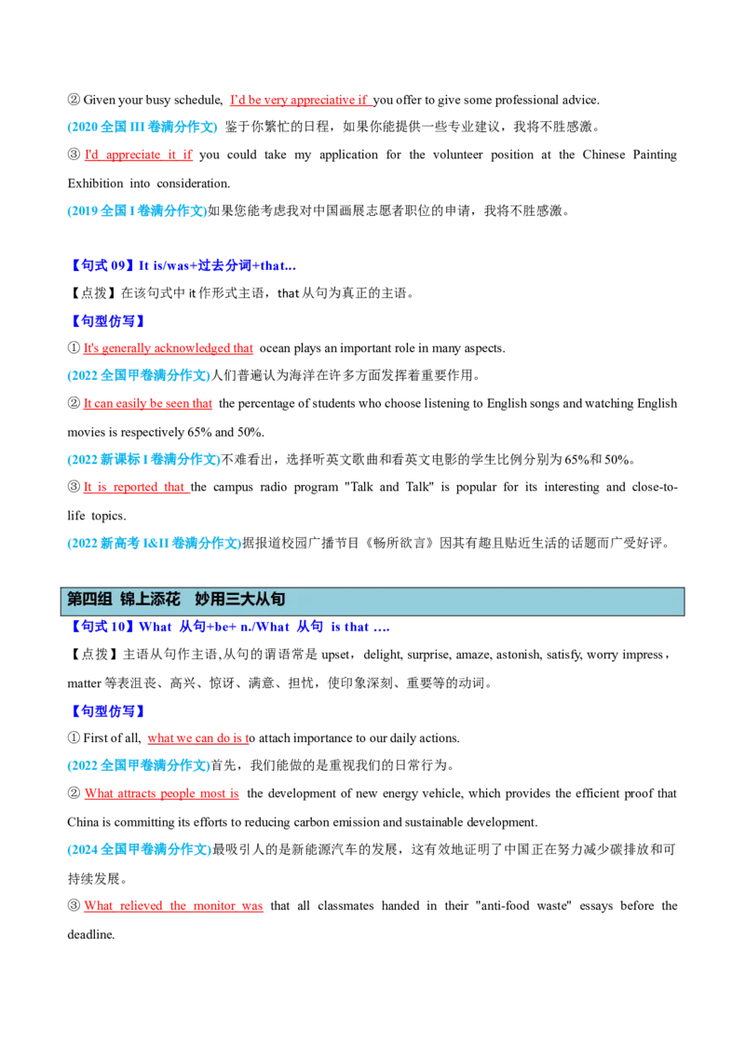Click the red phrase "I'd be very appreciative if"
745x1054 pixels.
(299, 101)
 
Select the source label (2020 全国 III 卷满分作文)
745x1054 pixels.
(142, 127)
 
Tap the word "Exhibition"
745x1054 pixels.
(96, 183)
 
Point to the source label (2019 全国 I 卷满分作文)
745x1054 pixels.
(137, 211)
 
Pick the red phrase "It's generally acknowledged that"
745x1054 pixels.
(169, 348)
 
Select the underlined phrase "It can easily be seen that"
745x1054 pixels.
(148, 403)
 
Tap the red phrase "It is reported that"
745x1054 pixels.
(134, 487)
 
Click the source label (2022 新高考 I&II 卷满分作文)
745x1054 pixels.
(154, 543)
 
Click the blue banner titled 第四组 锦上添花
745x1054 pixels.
(372, 601)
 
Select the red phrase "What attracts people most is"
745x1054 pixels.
(162, 793)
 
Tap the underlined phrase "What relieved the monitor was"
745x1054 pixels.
(173, 905)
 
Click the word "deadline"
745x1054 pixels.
(90, 934)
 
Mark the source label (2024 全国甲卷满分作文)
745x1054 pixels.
(139, 850)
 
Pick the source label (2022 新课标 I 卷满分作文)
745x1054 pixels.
(144, 460)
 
